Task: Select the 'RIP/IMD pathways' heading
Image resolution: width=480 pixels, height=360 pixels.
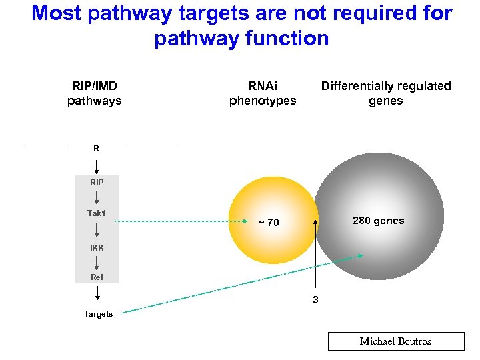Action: point(94,93)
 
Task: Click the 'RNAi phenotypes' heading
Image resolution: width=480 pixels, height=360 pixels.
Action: point(263,93)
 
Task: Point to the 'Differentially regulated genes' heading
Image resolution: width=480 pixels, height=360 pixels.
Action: point(386,93)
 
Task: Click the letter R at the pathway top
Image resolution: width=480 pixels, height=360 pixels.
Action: point(97,149)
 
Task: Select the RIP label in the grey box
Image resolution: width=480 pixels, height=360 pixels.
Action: point(97,181)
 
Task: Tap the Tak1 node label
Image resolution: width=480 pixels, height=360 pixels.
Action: point(97,213)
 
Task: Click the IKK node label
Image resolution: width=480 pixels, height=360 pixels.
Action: point(97,247)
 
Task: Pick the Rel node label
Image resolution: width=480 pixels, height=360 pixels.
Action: point(97,277)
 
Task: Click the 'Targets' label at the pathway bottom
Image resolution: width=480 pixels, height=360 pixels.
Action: point(98,314)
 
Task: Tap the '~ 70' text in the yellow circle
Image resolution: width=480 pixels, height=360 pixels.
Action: point(269,223)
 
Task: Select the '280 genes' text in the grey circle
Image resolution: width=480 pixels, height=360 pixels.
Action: point(379,221)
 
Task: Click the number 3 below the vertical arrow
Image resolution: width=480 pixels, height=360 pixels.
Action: point(316,300)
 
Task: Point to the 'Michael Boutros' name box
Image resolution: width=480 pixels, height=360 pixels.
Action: point(395,341)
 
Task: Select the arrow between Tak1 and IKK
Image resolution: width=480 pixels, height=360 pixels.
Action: point(97,230)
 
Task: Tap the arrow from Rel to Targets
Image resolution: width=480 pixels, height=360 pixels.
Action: point(97,293)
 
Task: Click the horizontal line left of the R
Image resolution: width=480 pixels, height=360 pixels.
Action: point(45,148)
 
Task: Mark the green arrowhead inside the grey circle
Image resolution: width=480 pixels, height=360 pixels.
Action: point(360,255)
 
